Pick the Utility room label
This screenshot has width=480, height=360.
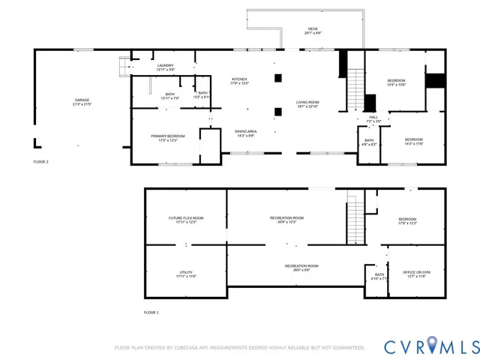pyautogui.click(x=186, y=274)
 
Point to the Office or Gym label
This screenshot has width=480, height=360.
pyautogui.click(x=416, y=274)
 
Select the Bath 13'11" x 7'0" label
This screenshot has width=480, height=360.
pyautogui.click(x=169, y=96)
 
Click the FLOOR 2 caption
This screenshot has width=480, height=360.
pyautogui.click(x=40, y=161)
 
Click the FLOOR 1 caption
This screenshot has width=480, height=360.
pyautogui.click(x=151, y=312)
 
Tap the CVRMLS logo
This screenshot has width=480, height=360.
pyautogui.click(x=430, y=346)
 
